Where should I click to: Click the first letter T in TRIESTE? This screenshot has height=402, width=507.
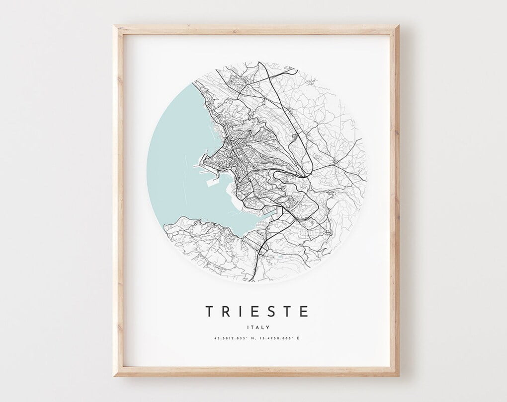point(210,311)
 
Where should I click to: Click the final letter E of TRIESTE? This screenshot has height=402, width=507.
point(304,311)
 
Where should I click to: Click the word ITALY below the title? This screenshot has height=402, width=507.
point(257,327)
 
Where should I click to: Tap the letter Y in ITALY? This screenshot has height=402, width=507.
point(268,327)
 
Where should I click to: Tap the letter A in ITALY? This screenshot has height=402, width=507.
point(256,327)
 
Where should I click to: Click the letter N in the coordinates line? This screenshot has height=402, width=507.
point(253,338)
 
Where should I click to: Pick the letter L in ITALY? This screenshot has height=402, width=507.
point(262,327)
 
